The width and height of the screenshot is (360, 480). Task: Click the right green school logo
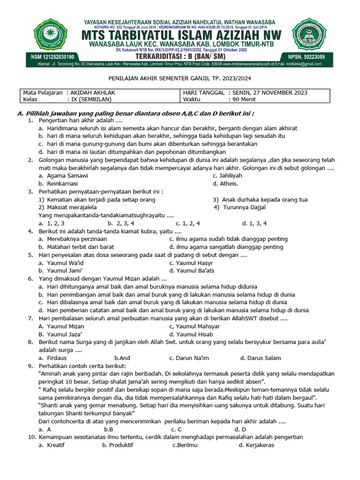point(309,37)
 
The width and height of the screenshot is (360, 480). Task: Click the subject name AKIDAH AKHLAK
point(92,92)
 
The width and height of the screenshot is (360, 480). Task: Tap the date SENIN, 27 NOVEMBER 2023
point(268,92)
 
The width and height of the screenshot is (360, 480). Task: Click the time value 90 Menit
point(242,99)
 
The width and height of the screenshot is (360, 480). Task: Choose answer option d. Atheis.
point(225,184)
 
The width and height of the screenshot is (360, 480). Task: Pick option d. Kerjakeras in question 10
point(256,445)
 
